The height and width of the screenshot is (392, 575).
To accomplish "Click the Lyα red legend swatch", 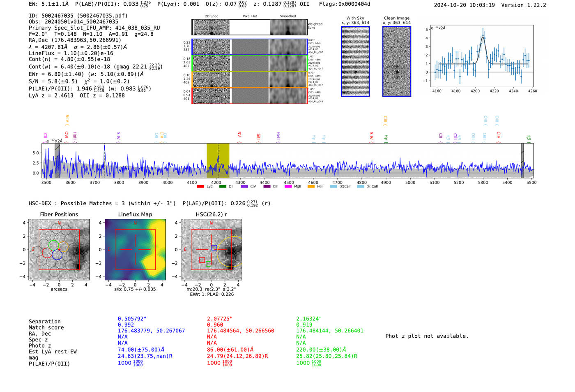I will point(200,187).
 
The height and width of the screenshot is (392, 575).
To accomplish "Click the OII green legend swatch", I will point(223,187).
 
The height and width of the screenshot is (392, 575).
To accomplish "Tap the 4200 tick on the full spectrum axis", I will point(216,182).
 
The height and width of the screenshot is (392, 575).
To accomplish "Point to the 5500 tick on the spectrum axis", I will point(531,182).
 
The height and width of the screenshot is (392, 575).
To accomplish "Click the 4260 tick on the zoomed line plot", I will point(533,91).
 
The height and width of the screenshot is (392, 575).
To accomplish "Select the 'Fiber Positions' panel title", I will point(59,214).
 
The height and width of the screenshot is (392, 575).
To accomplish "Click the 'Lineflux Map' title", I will point(135,214).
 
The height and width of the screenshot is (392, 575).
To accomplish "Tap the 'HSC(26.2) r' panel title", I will point(211,214).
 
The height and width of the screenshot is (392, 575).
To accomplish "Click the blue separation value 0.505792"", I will point(132,319).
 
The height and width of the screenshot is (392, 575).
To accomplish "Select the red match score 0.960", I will point(215,325).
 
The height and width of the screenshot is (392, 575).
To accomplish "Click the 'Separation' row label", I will point(44,322).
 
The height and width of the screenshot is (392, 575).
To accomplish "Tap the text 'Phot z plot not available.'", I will point(427,336).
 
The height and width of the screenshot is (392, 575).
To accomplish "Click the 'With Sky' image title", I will point(355,18).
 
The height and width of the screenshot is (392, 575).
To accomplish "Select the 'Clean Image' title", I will point(396,18).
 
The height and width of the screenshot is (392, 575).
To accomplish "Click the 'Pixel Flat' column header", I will point(250,16).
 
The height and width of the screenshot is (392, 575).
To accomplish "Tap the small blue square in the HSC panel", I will point(214,248).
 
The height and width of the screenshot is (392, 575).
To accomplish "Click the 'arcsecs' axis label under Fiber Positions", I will point(59,289).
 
